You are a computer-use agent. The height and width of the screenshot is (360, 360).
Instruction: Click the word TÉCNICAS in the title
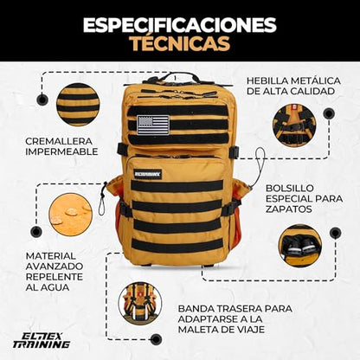181,43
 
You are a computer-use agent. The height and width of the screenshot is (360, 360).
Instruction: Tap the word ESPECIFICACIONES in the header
180,25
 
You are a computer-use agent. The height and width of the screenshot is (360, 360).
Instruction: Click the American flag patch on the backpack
153,125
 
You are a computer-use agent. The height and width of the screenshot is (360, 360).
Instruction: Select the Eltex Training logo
42,340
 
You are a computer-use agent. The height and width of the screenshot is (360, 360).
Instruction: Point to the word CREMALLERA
59,141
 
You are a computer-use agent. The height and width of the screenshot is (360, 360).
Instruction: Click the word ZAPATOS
289,209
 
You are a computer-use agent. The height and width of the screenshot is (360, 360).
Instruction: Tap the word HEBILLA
267,80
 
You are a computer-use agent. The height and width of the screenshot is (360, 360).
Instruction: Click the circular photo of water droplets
70,215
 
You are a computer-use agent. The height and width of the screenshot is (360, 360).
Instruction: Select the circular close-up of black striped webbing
78,105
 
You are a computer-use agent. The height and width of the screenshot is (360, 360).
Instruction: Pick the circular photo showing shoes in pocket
300,246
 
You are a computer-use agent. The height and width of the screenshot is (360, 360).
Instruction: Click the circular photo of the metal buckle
294,125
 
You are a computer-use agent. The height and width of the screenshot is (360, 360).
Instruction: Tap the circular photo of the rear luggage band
140,304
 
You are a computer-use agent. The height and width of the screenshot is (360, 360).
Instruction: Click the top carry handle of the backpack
175,77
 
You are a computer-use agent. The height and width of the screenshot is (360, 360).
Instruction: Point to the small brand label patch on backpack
148,174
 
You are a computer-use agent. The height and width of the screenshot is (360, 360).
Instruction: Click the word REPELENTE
55,277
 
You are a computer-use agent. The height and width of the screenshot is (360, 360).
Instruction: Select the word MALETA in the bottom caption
201,330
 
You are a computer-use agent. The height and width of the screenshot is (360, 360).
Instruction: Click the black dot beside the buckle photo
329,113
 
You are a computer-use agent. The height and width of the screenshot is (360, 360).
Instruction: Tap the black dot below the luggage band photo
156,339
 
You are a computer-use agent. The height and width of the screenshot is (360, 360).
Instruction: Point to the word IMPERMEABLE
61,151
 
